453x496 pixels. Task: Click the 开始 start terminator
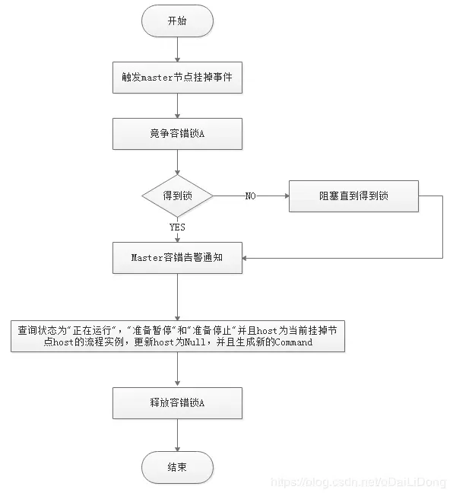point(176,22)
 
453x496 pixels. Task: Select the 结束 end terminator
point(176,466)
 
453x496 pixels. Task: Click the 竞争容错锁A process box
point(176,134)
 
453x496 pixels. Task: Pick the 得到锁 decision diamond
point(176,196)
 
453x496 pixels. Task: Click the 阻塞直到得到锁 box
point(353,196)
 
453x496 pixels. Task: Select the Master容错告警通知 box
point(176,258)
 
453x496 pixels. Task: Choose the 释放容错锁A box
point(176,402)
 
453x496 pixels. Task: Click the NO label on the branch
point(250,196)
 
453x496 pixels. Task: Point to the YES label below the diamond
point(176,227)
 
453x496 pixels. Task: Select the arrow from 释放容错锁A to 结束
point(176,434)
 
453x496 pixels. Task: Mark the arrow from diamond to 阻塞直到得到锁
point(266,196)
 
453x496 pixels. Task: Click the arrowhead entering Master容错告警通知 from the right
point(247,258)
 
